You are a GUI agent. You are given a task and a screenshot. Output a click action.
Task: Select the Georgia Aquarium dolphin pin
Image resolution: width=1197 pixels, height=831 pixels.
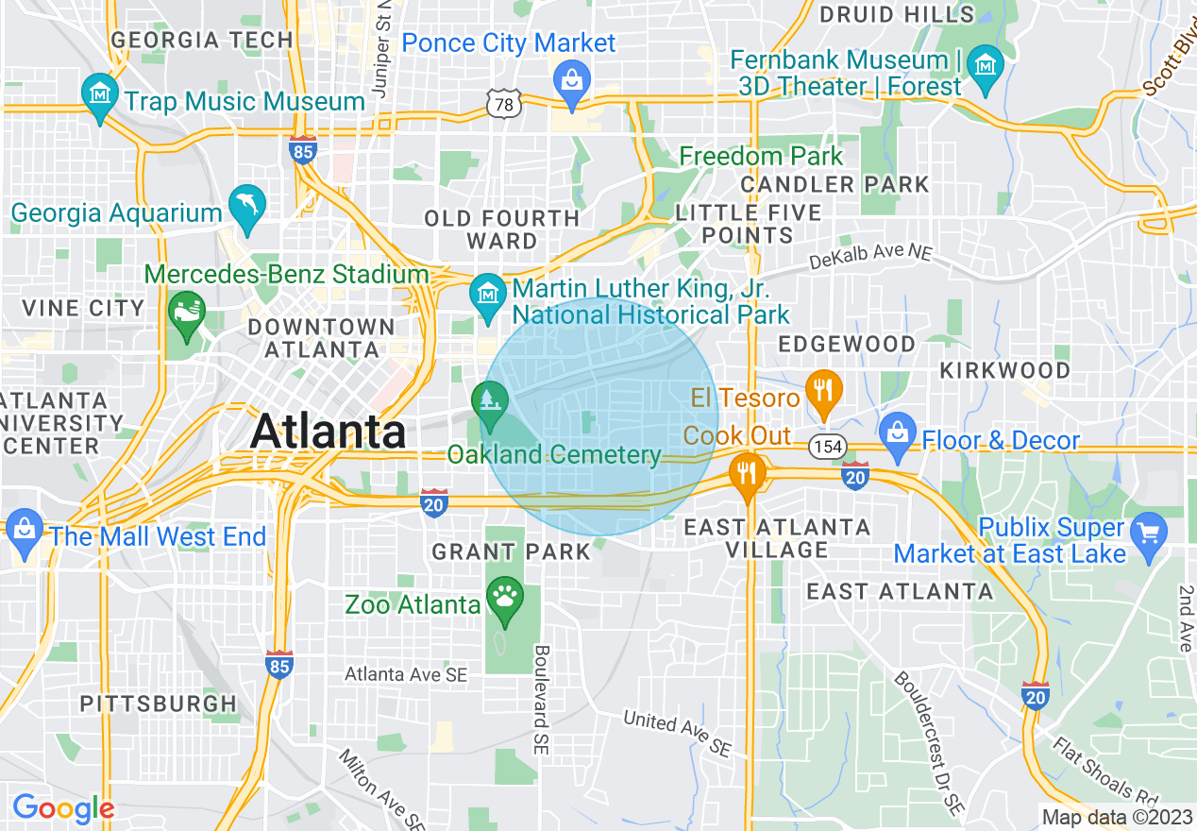(247, 207)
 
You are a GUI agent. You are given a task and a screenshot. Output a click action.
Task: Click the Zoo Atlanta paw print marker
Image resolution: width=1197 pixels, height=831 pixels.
(505, 599)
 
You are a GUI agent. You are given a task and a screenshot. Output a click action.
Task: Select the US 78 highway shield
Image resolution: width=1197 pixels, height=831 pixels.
(504, 105)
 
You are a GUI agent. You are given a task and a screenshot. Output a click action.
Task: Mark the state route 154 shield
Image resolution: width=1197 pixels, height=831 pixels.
(828, 447)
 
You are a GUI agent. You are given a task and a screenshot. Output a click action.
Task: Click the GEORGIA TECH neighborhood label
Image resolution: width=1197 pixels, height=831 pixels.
(202, 41)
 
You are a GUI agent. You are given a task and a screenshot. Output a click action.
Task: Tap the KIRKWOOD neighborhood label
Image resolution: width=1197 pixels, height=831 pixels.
(1004, 370)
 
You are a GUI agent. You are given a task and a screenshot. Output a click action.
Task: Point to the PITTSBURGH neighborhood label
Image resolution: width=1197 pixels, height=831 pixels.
(159, 704)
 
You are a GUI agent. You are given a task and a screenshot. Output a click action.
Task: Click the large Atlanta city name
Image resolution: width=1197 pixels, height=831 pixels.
(329, 432)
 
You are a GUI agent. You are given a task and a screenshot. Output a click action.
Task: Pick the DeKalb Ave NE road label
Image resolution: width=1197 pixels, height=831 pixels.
(870, 253)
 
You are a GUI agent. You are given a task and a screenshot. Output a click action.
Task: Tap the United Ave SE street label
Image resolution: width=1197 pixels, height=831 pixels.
(677, 733)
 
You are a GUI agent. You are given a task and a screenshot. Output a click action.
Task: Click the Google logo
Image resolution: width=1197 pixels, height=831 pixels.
(63, 809)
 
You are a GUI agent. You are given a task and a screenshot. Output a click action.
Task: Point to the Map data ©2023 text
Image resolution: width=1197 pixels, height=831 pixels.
(1116, 817)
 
